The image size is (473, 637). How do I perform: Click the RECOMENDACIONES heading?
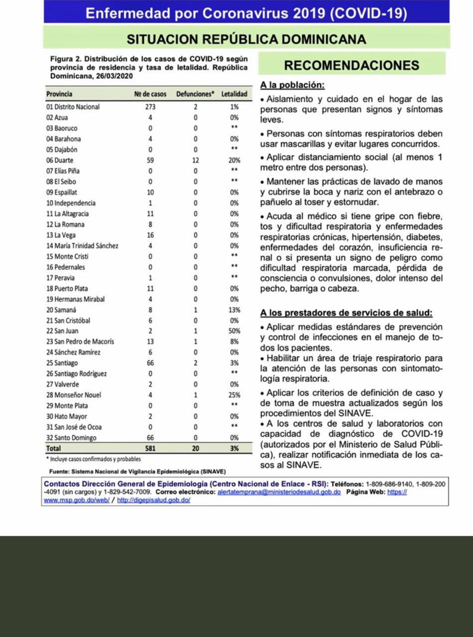pyautogui.click(x=351, y=65)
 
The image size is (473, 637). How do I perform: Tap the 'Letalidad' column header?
pyautogui.click(x=234, y=94)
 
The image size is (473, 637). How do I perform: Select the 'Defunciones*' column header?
pyautogui.click(x=195, y=94)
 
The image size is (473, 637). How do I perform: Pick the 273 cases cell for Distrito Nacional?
pyautogui.click(x=150, y=107)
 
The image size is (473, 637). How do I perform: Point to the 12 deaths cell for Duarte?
pyautogui.click(x=195, y=160)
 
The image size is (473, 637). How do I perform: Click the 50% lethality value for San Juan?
pyautogui.click(x=234, y=331)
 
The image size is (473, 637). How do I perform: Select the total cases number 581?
pyautogui.click(x=150, y=448)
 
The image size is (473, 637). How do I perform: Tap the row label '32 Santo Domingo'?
pyautogui.click(x=71, y=438)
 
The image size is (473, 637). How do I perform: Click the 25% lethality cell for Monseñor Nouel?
pyautogui.click(x=234, y=395)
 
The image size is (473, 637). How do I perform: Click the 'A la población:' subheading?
pyautogui.click(x=292, y=85)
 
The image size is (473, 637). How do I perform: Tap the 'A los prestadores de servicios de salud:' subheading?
pyautogui.click(x=347, y=313)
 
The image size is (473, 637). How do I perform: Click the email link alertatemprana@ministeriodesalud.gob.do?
pyautogui.click(x=279, y=492)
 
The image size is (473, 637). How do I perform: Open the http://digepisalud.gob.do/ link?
pyautogui.click(x=153, y=500)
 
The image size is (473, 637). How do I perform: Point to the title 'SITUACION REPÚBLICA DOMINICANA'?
pyautogui.click(x=246, y=39)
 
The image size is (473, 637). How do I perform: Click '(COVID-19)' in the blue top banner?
pyautogui.click(x=368, y=13)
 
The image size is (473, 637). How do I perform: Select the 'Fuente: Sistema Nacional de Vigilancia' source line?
pyautogui.click(x=137, y=471)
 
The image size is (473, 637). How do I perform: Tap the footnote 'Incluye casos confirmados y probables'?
pyautogui.click(x=94, y=459)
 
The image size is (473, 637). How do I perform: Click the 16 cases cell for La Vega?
pyautogui.click(x=150, y=235)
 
